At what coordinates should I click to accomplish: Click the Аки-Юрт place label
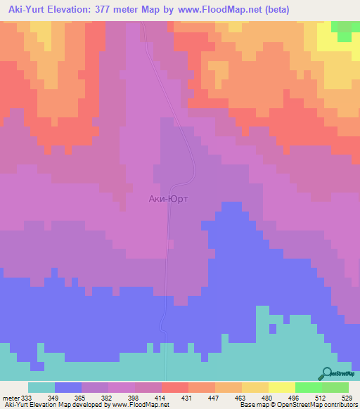click(169, 199)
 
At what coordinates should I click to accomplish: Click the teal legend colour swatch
click(41, 387)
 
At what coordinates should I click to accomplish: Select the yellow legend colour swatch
click(282, 387)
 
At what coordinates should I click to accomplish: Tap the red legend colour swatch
click(175, 387)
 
